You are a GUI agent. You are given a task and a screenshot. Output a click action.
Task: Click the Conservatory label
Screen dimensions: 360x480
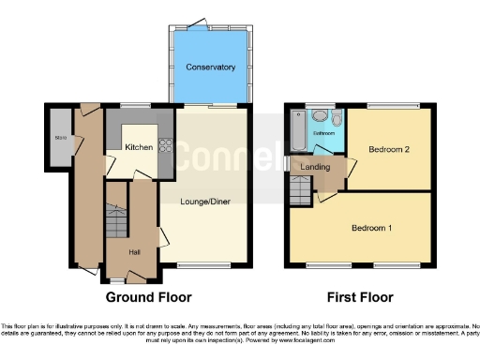click(210, 67)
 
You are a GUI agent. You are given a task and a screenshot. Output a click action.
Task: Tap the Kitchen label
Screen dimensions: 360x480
click(139, 148)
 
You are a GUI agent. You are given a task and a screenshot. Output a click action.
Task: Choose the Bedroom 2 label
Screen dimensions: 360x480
click(388, 150)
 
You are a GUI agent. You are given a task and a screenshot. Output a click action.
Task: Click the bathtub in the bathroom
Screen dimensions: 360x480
click(298, 130)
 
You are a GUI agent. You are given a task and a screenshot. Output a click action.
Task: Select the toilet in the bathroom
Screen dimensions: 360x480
click(320, 118)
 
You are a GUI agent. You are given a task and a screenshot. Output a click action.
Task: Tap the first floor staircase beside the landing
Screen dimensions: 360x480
click(300, 192)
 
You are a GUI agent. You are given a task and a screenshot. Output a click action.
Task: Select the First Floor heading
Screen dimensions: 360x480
click(360, 297)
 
